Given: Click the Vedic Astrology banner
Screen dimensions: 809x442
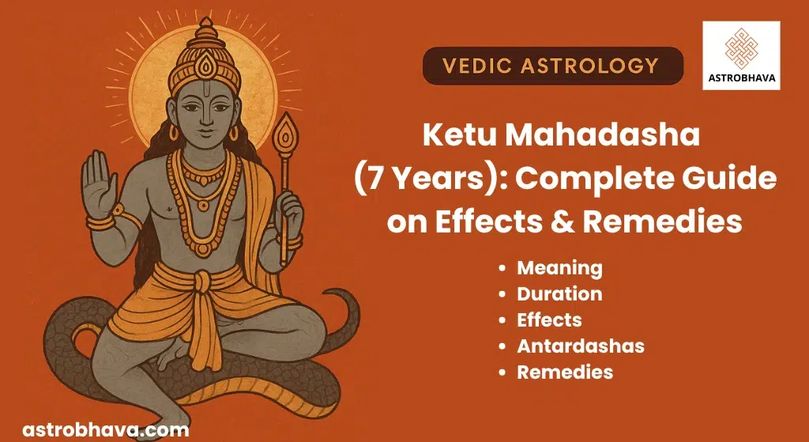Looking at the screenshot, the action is (x=552, y=66).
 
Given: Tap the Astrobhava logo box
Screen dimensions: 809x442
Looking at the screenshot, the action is (x=741, y=56).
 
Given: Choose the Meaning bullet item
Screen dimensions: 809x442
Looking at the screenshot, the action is (x=559, y=269).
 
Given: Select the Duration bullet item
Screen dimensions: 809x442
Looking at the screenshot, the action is (x=559, y=294).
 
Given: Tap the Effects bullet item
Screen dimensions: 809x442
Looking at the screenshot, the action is (x=549, y=320).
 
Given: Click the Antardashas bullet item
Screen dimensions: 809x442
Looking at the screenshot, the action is (x=581, y=346).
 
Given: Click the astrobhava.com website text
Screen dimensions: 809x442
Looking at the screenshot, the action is (x=105, y=429).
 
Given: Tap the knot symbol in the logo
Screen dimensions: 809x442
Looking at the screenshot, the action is (x=741, y=48).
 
